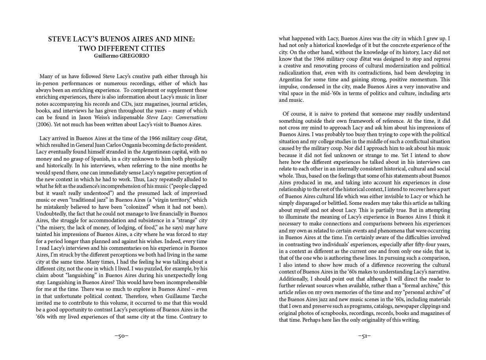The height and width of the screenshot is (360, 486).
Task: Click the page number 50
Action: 121,336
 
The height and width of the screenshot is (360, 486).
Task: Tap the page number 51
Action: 364,336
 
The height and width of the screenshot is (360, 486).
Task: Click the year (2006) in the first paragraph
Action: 43,124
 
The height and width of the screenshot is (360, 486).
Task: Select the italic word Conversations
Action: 191,118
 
